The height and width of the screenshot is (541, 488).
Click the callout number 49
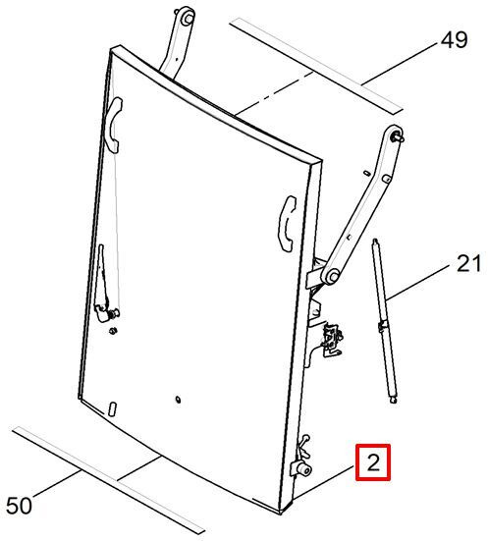454,39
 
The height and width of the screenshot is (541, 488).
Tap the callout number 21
468,263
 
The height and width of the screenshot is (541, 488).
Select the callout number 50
19,506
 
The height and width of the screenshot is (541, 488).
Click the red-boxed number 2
373,462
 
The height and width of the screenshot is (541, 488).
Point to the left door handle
113,125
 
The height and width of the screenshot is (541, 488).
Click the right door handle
287,224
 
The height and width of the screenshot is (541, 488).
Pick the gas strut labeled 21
384,321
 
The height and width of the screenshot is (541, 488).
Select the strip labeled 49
316,66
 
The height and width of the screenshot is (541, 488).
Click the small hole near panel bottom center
178,400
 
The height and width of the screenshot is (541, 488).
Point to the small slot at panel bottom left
113,408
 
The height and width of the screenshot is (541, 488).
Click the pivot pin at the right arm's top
398,135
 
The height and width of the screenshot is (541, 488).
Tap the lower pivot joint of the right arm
332,276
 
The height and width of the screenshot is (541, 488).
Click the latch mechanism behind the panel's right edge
331,340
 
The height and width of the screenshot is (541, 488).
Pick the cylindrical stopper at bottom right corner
303,469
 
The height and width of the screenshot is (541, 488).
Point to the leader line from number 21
418,282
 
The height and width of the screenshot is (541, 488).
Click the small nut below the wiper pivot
112,331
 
